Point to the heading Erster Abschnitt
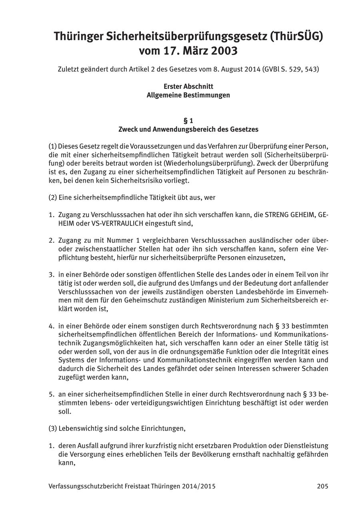tap(188, 86)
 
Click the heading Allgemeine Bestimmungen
tap(188, 95)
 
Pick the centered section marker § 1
tap(188, 121)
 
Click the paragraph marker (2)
tap(52, 197)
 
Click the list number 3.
tap(51, 275)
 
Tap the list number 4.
tap(51, 326)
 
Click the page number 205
tap(322, 486)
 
